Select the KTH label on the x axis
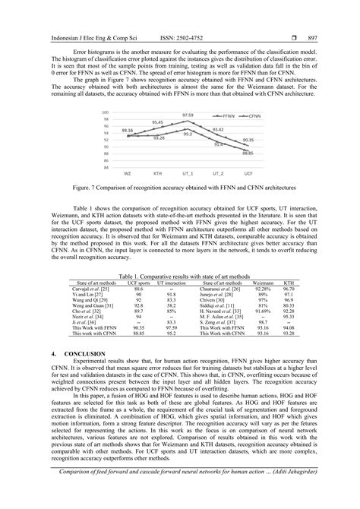(157, 173)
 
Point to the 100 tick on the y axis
(108, 111)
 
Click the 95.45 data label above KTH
(157, 123)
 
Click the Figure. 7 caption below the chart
(179, 204)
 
